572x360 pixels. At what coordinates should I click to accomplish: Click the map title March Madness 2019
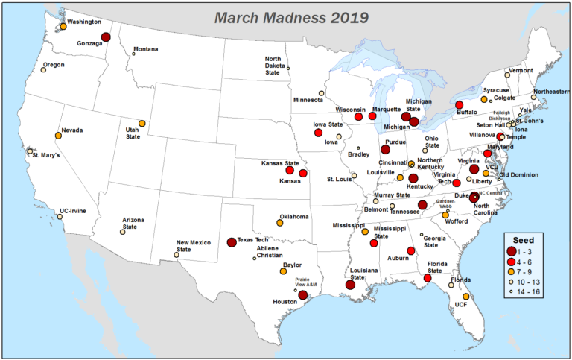pos(285,16)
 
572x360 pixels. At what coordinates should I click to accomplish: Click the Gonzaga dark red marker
pos(106,37)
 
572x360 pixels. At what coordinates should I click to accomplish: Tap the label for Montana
pos(145,50)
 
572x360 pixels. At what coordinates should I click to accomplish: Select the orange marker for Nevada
pos(58,136)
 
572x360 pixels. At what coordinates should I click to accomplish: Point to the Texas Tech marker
pos(232,242)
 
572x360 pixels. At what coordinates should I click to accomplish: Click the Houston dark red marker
pos(302,294)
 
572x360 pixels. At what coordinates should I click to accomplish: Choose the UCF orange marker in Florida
pos(466,297)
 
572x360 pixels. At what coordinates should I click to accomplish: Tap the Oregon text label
pos(54,65)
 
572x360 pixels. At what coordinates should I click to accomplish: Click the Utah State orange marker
pos(142,124)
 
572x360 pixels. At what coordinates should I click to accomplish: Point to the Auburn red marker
pos(410,250)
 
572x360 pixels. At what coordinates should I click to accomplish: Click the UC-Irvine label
pos(74,211)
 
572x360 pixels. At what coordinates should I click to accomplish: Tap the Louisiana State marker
pos(350,284)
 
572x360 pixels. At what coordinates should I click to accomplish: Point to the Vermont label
pos(521,70)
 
